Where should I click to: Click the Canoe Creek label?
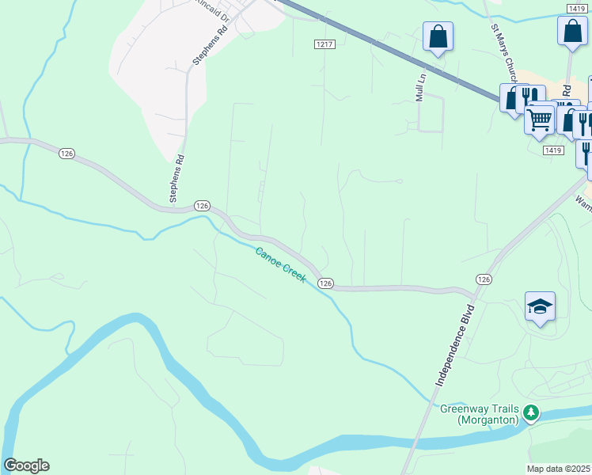click(280, 265)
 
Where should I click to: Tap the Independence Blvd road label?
click(453, 344)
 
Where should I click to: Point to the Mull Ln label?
click(421, 87)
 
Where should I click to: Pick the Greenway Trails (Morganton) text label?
click(479, 414)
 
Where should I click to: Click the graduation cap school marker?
click(540, 306)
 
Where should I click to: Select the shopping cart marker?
click(539, 120)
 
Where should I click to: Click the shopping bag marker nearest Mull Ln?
click(438, 36)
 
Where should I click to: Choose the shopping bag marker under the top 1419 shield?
click(571, 32)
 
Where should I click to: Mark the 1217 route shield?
click(322, 44)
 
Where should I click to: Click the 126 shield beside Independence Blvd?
click(484, 279)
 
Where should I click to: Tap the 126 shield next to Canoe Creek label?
click(324, 283)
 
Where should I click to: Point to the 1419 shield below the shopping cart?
click(552, 150)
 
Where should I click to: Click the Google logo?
click(26, 465)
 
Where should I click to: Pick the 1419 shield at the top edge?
click(575, 7)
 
